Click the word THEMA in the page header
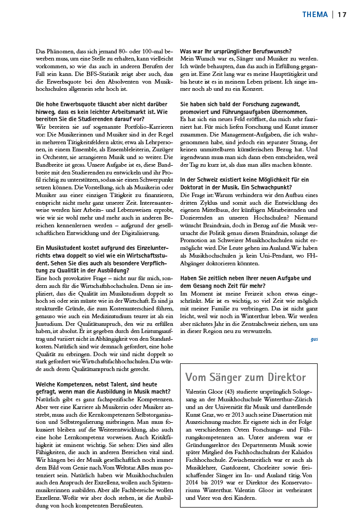pos(315,14)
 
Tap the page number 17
pos(342,14)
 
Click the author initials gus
pos(314,339)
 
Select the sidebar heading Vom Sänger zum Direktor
pos(246,377)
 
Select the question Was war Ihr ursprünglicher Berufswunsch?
pos(236,51)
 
